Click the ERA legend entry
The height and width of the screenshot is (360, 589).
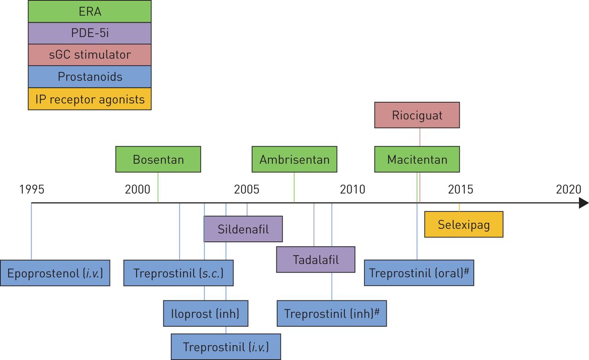(89, 12)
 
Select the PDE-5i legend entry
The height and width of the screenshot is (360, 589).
(89, 33)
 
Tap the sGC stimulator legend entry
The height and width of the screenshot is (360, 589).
(89, 55)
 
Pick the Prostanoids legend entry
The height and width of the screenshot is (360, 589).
(89, 77)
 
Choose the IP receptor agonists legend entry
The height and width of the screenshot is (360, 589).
(89, 99)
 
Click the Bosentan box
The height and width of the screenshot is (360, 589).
(158, 159)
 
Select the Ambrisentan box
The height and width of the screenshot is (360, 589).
(294, 159)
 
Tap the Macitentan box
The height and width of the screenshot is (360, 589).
(417, 159)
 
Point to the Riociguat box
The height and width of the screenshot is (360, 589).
(417, 115)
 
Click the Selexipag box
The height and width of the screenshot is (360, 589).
(463, 225)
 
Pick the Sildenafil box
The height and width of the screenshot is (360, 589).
(243, 229)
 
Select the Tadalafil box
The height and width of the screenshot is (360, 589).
(316, 260)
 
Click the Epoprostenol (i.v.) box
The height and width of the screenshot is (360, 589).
(55, 273)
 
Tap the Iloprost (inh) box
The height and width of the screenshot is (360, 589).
(206, 314)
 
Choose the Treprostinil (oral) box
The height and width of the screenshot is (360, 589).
(419, 273)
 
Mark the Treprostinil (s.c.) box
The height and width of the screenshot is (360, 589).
(178, 273)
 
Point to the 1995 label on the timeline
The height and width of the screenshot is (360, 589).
(32, 189)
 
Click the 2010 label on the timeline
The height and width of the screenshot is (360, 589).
(352, 189)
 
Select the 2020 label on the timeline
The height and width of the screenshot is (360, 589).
(568, 189)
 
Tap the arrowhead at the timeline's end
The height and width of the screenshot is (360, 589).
(583, 203)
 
